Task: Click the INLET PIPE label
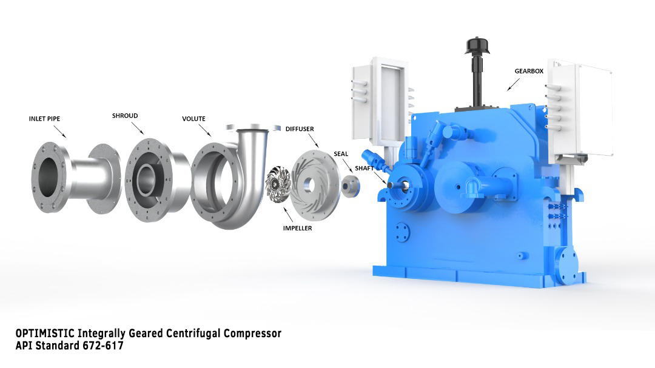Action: pyautogui.click(x=44, y=119)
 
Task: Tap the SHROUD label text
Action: pyautogui.click(x=125, y=116)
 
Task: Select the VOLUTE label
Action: pyautogui.click(x=193, y=119)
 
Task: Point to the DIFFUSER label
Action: pyautogui.click(x=300, y=129)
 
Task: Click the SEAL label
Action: pyautogui.click(x=341, y=154)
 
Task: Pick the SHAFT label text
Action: pyautogui.click(x=364, y=169)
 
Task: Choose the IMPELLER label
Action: pyautogui.click(x=297, y=228)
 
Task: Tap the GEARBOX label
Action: pyautogui.click(x=529, y=71)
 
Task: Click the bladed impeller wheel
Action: pyautogui.click(x=278, y=184)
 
